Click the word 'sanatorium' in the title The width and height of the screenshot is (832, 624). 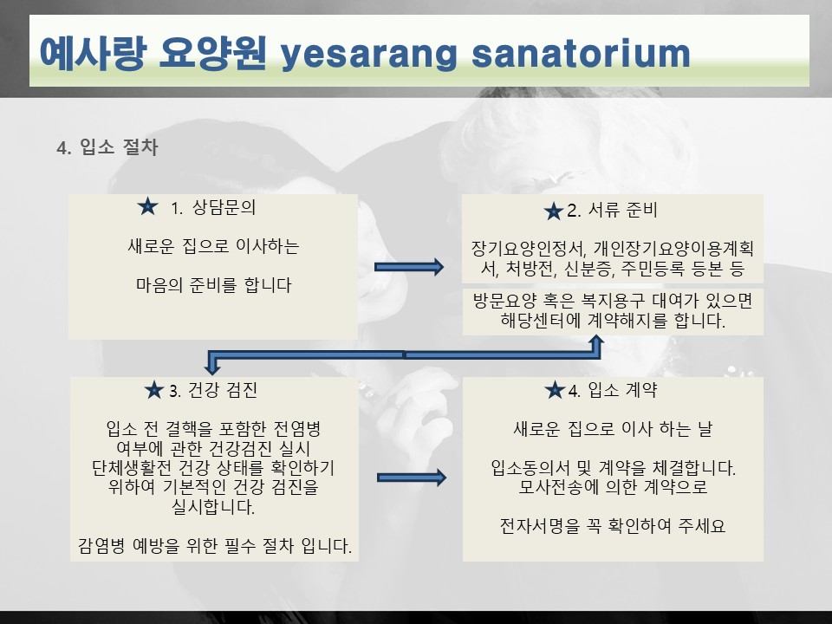point(581,53)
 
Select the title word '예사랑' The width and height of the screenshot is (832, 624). point(93,53)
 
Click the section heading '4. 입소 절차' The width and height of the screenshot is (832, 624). point(107,147)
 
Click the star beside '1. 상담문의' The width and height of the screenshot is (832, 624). point(147,206)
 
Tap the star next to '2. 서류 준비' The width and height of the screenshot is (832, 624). point(554,211)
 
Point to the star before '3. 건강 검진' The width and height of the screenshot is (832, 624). point(154,390)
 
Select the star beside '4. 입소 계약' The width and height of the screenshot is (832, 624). point(555,390)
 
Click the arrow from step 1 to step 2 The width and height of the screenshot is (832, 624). point(409,267)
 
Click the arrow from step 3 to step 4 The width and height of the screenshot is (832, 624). point(412,478)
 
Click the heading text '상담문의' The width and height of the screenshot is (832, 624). point(224,207)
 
